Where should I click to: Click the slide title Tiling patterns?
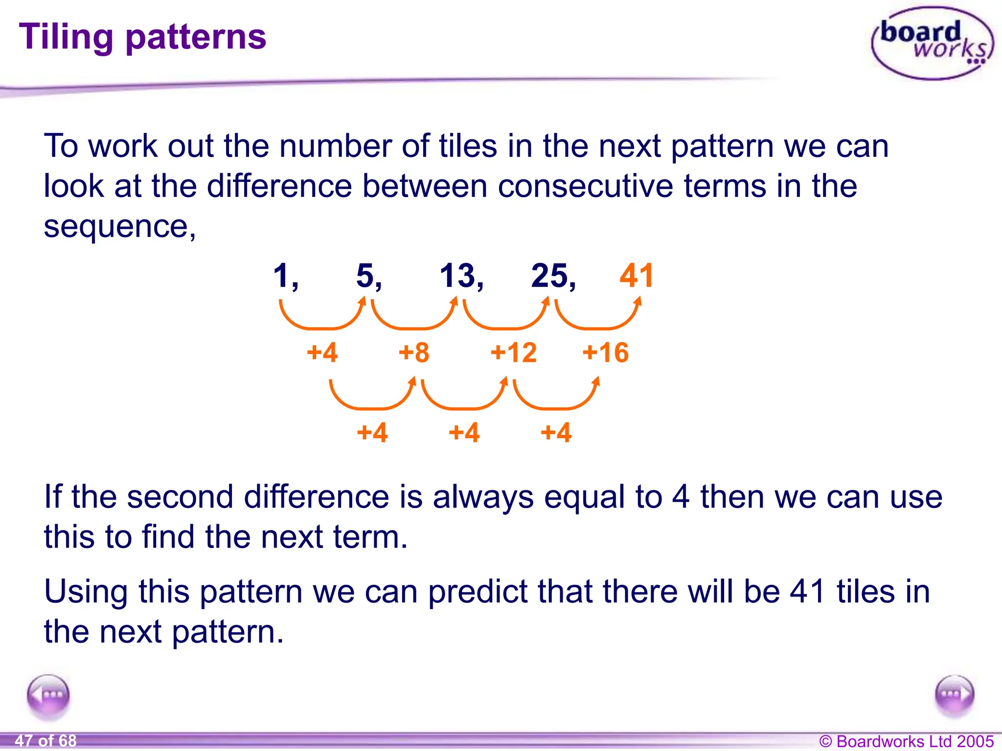coord(142,37)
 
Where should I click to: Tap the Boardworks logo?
coord(933,43)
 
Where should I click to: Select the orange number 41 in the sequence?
coord(637,276)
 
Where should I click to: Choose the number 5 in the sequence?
coord(366,276)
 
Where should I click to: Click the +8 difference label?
coord(414,353)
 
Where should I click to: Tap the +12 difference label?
coord(514,353)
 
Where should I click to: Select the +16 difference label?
coord(606,353)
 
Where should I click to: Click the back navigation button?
coord(48,695)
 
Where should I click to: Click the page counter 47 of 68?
coord(46,741)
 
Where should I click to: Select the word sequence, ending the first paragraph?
coord(120,227)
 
